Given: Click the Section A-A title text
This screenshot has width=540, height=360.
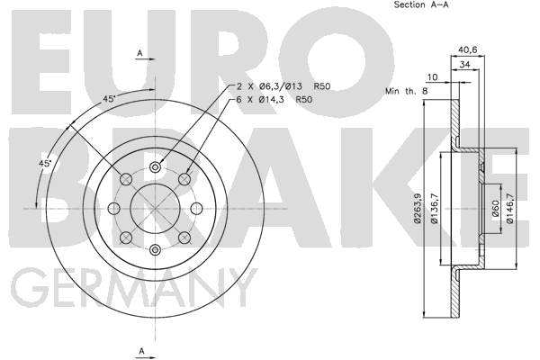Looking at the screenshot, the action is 421,4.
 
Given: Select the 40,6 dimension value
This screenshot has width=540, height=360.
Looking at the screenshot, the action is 468,49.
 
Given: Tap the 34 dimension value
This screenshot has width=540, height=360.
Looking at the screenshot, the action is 465,65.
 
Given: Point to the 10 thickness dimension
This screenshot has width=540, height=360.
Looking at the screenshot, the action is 432,77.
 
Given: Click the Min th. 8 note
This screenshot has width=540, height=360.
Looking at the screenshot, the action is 407,91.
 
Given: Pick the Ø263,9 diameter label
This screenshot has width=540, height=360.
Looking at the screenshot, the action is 418,209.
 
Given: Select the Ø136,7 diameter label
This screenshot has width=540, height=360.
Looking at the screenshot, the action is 435,209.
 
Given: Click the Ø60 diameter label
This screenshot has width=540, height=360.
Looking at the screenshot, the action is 496,209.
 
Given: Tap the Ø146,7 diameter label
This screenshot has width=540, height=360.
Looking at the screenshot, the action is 510,209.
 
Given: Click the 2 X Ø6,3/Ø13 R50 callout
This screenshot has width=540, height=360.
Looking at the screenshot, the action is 283,86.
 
